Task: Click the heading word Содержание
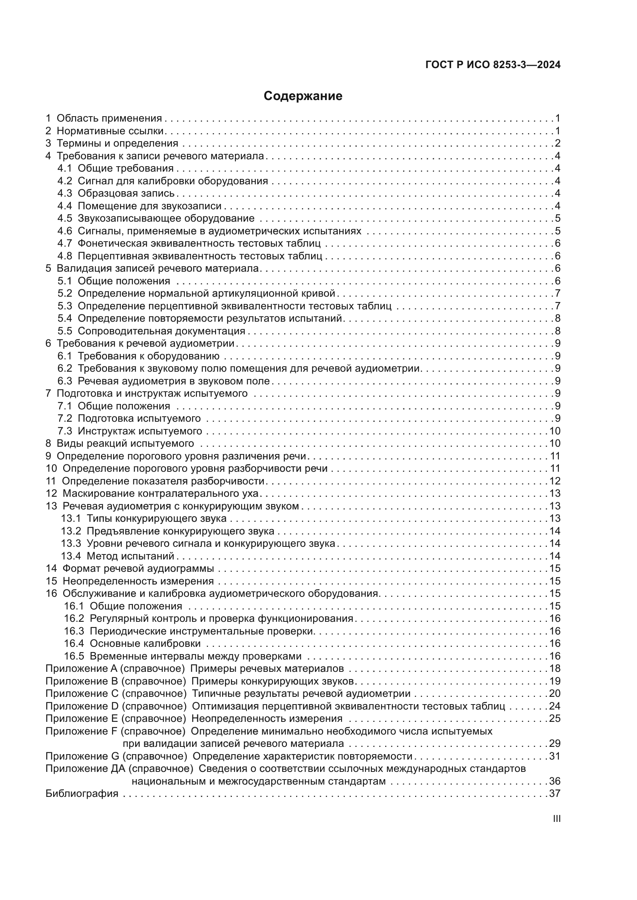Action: point(303,96)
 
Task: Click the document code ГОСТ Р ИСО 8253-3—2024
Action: point(493,65)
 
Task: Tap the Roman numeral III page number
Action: point(556,819)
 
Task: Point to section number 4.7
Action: point(65,244)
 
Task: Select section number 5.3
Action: point(65,306)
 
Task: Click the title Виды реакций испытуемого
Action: point(125,444)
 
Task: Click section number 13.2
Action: point(70,531)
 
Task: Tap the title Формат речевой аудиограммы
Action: point(138,569)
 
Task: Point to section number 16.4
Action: point(74,644)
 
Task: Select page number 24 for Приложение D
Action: point(555,706)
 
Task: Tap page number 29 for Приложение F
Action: point(555,744)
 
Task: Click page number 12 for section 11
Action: point(555,481)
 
